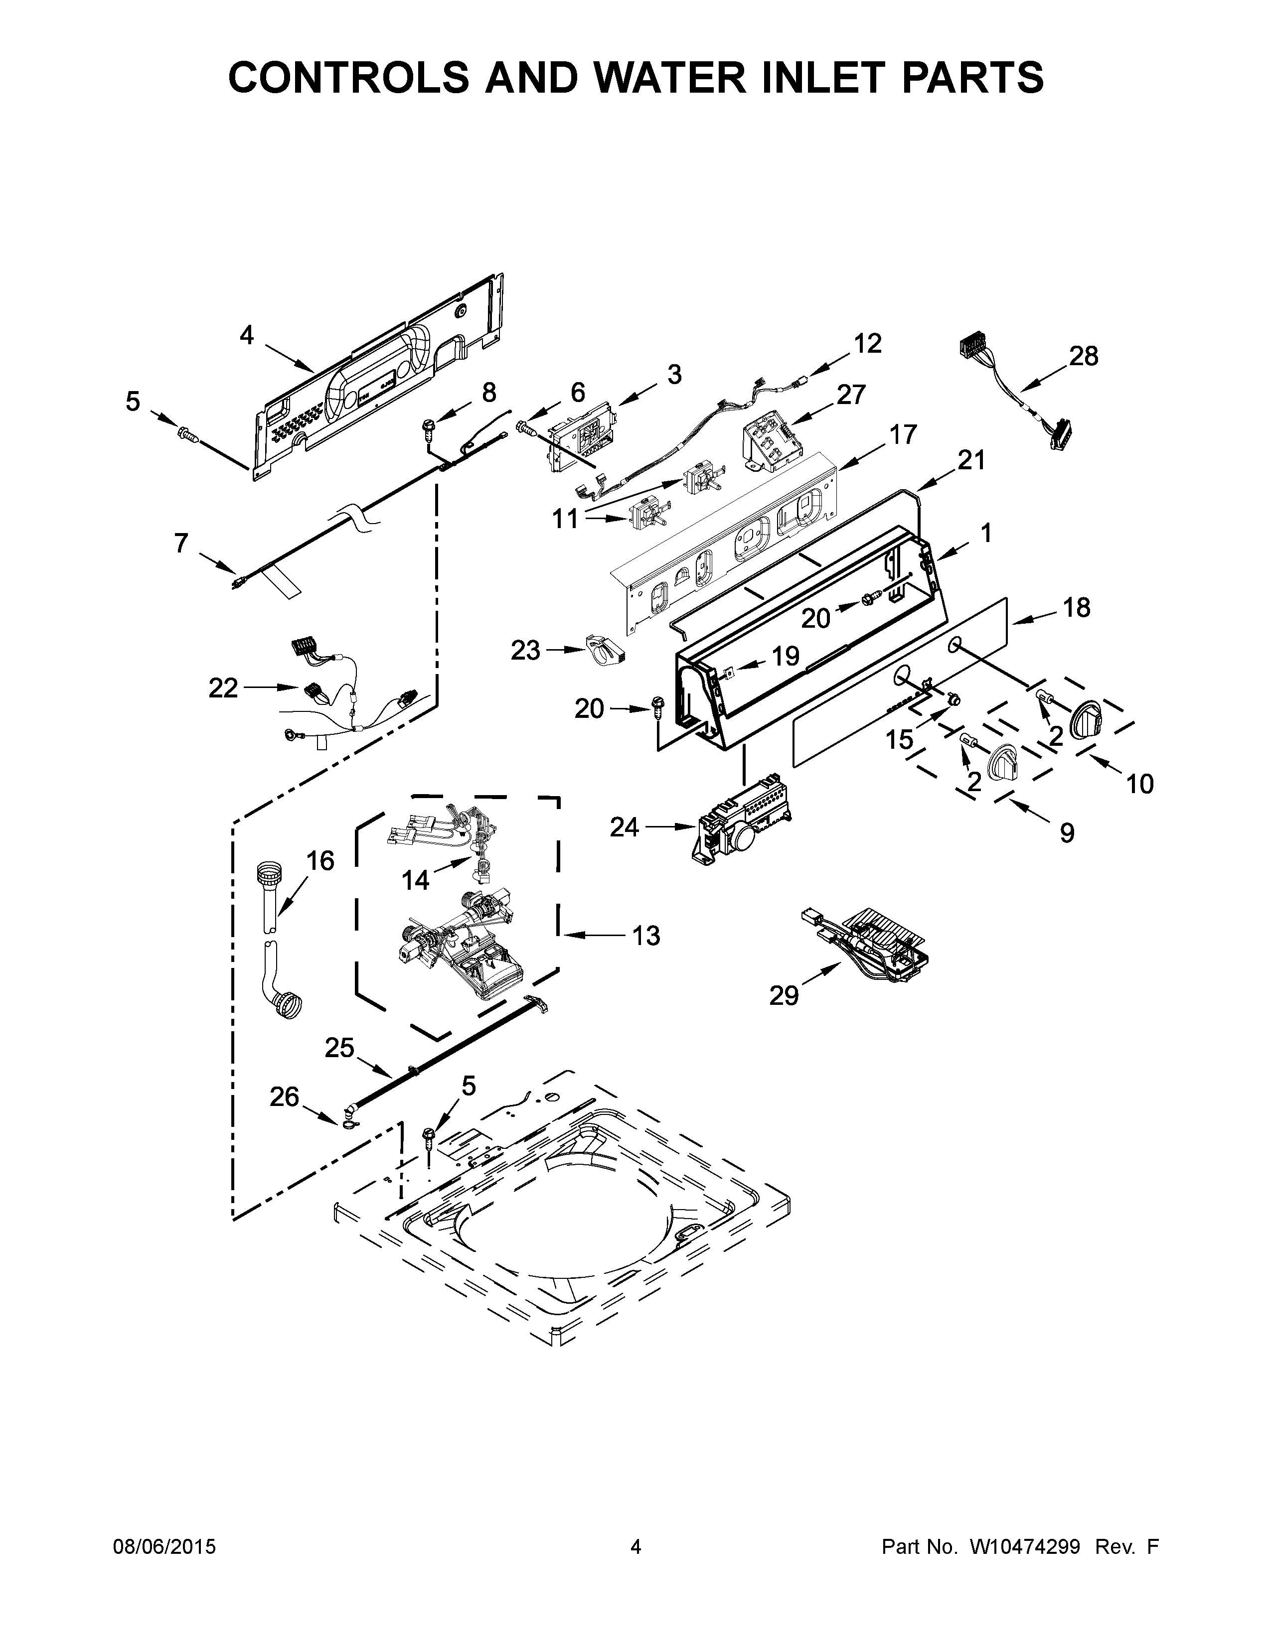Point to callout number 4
(x=246, y=336)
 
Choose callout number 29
(x=783, y=996)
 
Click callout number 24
(x=624, y=827)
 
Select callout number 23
(x=525, y=650)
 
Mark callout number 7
(x=181, y=542)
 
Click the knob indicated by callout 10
(x=1085, y=715)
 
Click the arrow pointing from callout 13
(x=587, y=935)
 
